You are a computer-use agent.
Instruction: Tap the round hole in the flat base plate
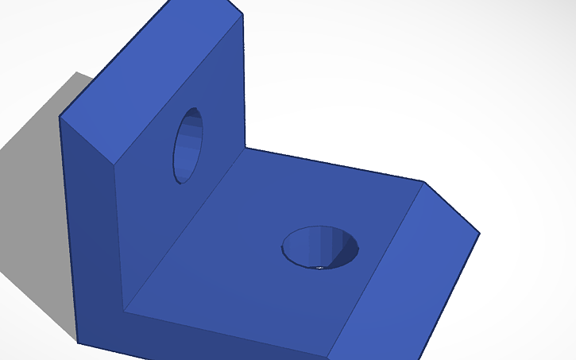pos(320,247)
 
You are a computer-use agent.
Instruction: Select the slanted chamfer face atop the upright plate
pos(151,79)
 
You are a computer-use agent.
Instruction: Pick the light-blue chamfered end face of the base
pos(405,270)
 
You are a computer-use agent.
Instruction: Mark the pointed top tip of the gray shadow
pos(77,73)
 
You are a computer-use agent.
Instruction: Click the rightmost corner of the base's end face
pos(480,234)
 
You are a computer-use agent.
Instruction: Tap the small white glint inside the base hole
pos(319,268)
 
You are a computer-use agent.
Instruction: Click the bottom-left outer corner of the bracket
pos(78,343)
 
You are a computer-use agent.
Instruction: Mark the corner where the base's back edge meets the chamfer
pos(423,183)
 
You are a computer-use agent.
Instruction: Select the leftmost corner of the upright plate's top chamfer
pos(60,118)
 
